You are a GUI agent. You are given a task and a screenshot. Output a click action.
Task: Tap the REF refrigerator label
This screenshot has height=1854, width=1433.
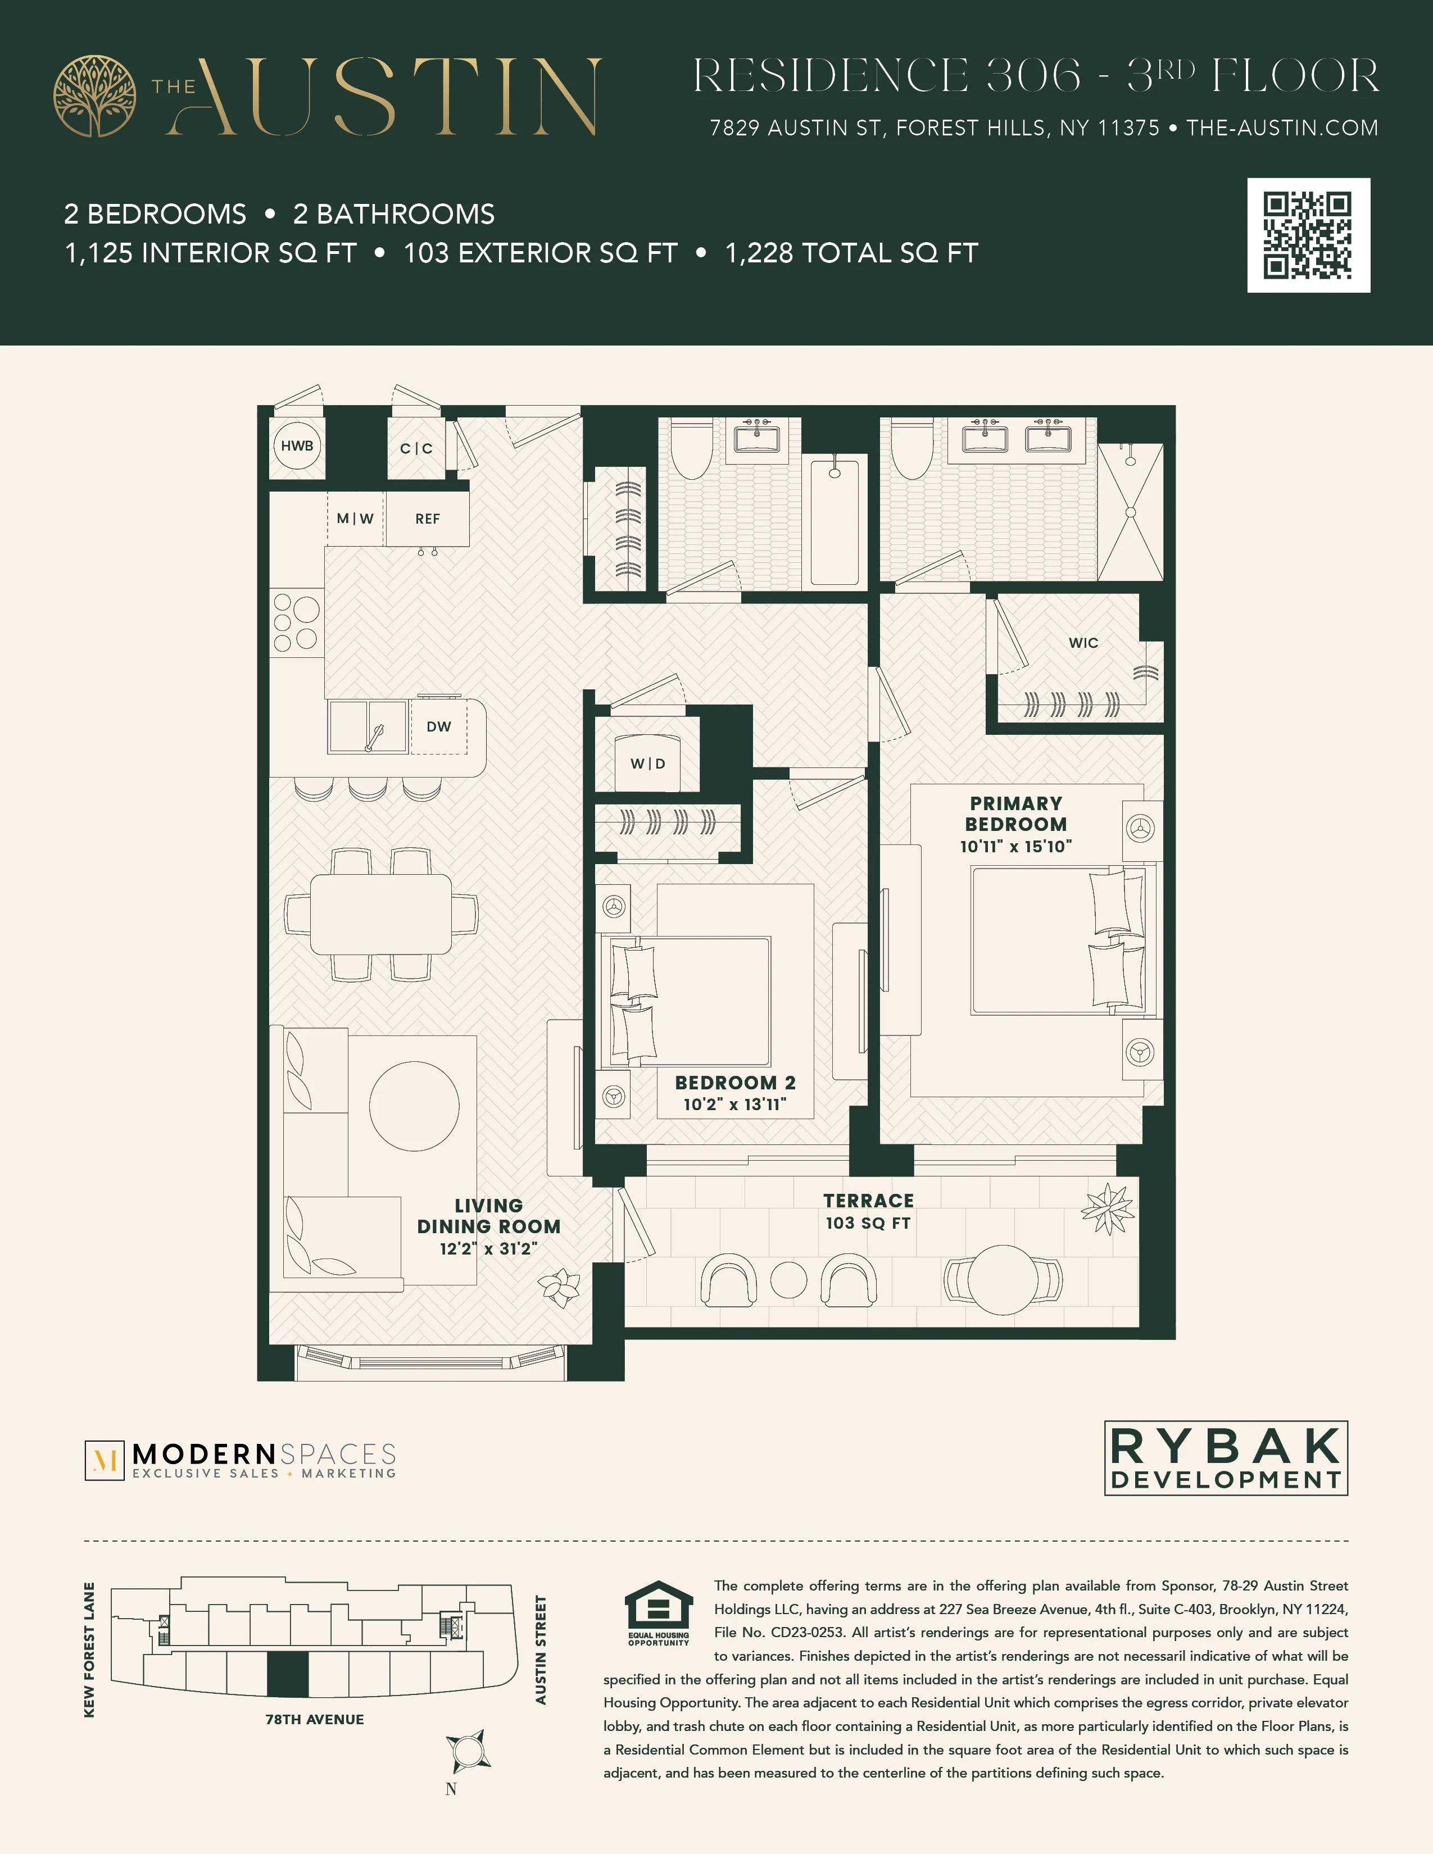pos(427,519)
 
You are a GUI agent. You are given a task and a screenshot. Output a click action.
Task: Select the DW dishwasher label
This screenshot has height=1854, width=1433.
pos(439,726)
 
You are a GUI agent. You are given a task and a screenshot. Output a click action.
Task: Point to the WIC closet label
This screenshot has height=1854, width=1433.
pos(1083,643)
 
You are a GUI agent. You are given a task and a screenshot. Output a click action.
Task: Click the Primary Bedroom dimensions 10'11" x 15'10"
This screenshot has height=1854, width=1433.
pos(1015,846)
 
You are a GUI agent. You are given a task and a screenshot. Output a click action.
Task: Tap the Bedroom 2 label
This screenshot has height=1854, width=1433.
pos(735,1083)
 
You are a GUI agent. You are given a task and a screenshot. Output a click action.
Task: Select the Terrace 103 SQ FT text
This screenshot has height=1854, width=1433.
pos(868,1223)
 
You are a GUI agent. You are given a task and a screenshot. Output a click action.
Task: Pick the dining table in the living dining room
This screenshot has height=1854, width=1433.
pos(380,914)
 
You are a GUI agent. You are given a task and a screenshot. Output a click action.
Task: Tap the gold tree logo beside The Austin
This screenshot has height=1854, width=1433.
pos(94,96)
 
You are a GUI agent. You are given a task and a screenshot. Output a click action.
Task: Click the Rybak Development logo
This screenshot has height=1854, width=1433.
pos(1226,1457)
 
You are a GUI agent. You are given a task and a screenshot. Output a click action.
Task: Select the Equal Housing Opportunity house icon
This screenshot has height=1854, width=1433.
pos(658,1607)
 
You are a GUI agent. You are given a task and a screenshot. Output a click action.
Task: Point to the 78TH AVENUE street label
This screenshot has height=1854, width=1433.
pos(314,1719)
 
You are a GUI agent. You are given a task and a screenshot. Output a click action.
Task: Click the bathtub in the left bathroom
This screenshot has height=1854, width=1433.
pos(835,520)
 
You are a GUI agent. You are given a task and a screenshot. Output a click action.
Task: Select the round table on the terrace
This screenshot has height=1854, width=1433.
pos(1003,1279)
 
